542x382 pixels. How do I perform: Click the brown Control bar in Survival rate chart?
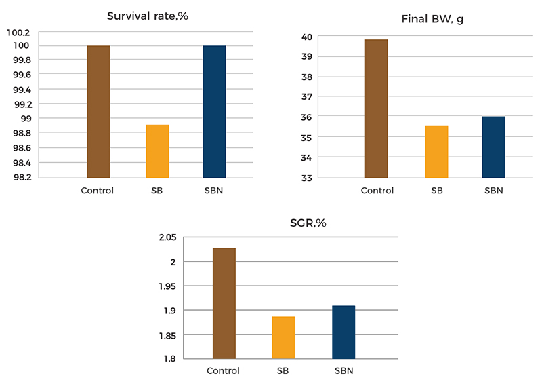(98, 111)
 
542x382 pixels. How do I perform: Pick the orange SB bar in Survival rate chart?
(157, 151)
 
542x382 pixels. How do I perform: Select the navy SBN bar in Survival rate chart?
(215, 111)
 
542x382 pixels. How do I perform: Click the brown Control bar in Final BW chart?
(377, 109)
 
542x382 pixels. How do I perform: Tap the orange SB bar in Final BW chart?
(437, 151)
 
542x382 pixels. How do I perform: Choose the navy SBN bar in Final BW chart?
(493, 147)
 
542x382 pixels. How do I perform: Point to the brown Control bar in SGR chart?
(224, 303)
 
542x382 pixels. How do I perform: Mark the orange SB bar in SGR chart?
(283, 337)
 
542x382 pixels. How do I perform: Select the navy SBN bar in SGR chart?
(343, 332)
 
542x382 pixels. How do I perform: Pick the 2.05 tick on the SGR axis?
(167, 237)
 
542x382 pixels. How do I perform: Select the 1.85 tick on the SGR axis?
(167, 335)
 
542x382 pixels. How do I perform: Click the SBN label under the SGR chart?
(344, 371)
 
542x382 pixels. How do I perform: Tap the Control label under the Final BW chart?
(377, 190)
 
